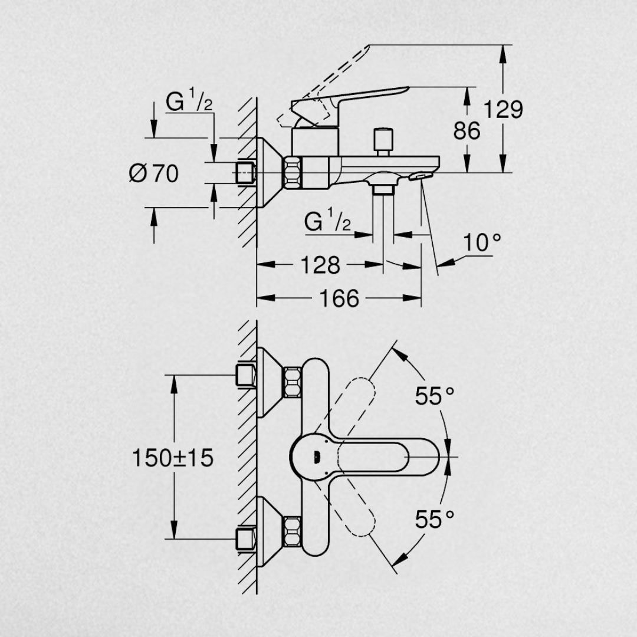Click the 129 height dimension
pos(503,110)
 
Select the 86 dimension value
pos(467,130)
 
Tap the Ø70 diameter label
pos(154,173)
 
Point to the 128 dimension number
pos(320,265)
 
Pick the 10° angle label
pos(482,242)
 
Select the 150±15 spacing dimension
pos(173,458)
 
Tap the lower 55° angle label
pos(435,520)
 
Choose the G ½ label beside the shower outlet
pos(328,222)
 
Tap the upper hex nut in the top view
pos(293,382)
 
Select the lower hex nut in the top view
pos(293,530)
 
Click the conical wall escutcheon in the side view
pos(268,173)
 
